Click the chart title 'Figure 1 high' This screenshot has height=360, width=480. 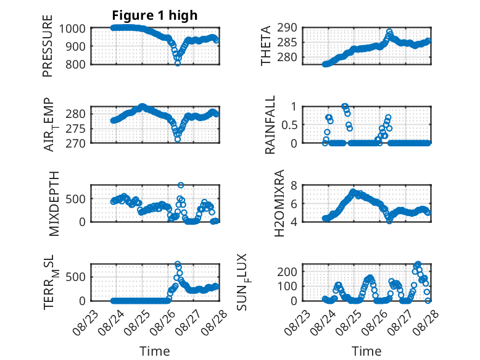155,15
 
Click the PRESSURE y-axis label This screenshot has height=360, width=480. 48,46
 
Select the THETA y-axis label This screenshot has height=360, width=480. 266,46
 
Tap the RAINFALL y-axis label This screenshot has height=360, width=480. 270,125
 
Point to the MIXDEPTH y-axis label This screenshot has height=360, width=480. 54,203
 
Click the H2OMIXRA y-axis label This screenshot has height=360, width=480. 279,203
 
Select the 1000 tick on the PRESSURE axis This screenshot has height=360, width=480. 72,29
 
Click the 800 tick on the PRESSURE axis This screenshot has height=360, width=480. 76,64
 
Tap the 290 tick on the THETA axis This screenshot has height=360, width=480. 287,28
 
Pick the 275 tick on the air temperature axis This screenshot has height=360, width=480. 76,128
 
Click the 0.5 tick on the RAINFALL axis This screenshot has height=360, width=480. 289,125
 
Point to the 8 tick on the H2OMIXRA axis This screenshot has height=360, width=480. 294,186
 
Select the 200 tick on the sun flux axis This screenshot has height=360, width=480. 287,272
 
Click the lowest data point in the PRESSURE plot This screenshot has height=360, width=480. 178,63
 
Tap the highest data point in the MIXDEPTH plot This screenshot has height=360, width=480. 181,185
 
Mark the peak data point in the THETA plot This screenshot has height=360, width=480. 389,31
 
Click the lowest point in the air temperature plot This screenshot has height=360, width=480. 178,140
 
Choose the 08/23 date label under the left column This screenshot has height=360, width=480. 85,322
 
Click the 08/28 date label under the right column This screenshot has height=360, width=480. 426,322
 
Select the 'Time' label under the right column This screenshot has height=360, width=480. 366,351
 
